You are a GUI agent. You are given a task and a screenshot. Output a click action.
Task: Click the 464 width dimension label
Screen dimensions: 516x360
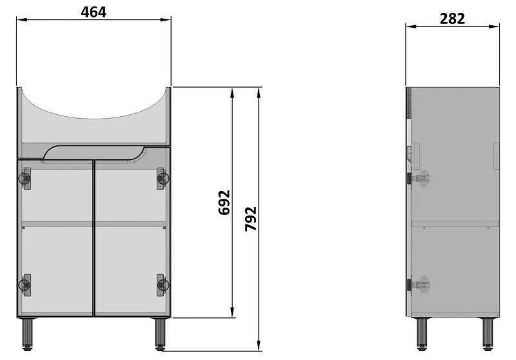click(94, 12)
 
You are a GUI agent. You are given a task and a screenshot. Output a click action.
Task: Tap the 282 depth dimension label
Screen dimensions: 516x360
click(452, 19)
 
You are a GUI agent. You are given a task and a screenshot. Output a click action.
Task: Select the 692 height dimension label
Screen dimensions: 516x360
click(224, 203)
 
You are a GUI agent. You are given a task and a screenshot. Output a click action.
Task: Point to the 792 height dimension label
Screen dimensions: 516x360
click(251, 219)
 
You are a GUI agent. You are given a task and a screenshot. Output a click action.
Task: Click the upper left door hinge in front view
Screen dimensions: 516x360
click(25, 178)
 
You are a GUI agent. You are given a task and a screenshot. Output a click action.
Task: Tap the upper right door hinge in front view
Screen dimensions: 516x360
click(162, 178)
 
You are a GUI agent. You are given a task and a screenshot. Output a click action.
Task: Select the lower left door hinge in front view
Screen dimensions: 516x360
click(25, 285)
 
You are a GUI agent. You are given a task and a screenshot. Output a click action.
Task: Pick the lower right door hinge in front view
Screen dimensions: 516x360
click(162, 285)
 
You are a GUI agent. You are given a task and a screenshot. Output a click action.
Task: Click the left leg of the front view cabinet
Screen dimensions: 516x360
click(27, 334)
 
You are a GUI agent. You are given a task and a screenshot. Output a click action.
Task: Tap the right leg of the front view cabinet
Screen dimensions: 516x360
click(160, 334)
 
